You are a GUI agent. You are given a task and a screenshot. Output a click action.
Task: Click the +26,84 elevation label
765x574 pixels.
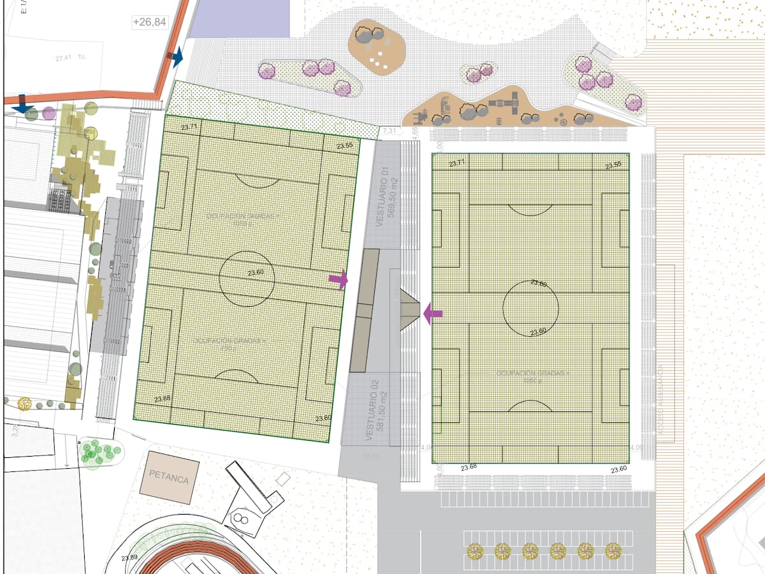coord(150,22)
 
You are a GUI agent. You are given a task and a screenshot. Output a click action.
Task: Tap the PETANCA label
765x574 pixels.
coord(169,477)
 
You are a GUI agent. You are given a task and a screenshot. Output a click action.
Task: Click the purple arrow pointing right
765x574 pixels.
coord(339,279)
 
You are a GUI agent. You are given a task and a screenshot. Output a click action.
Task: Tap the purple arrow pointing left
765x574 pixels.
coord(433,313)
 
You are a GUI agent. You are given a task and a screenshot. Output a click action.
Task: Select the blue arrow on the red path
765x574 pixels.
coord(176,57)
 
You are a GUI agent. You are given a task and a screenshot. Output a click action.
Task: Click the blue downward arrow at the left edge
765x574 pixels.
coord(24,105)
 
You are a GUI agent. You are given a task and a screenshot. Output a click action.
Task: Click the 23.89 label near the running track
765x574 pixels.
coord(129,557)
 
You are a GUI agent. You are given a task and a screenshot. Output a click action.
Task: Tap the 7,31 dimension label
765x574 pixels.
coord(390,131)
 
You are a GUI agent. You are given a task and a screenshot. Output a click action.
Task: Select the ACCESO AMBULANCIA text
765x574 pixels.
coord(664,402)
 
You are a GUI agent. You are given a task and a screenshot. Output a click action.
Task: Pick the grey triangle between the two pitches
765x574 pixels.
coord(409,309)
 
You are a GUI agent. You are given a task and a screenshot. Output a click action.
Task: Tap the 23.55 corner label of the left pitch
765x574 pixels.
coord(345,145)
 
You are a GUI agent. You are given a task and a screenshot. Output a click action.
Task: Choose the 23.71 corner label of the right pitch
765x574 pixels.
coord(457,163)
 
